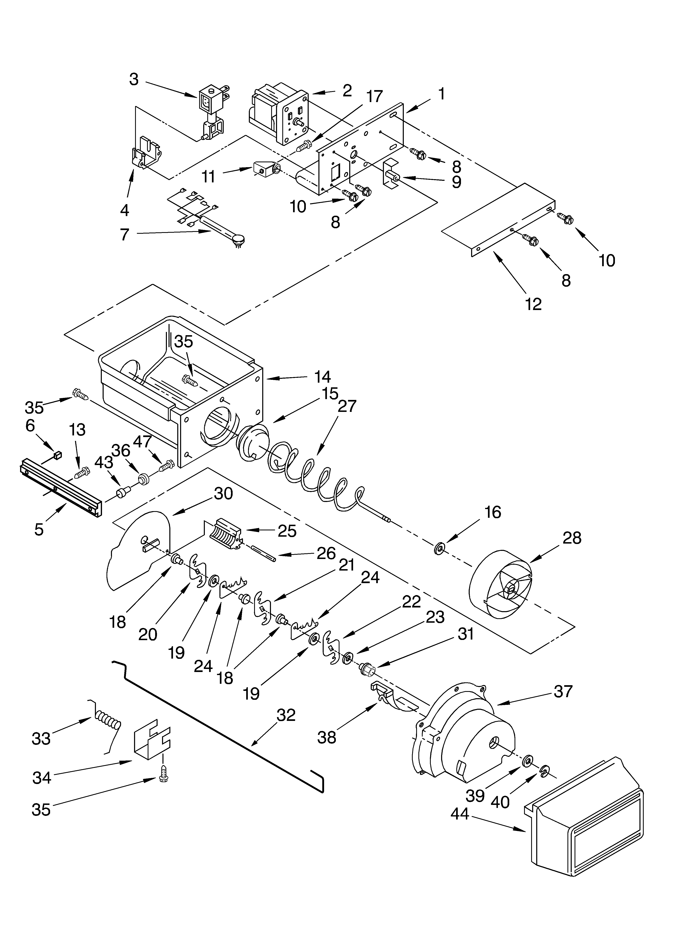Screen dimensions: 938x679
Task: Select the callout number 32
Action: coord(286,715)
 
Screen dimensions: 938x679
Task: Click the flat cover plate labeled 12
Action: coord(496,219)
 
